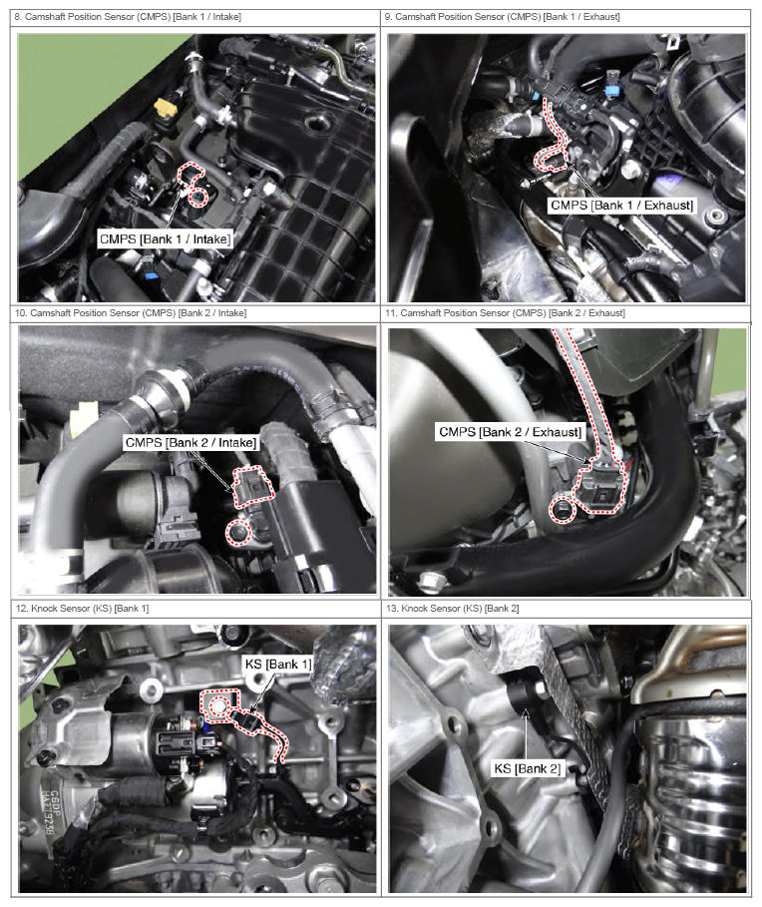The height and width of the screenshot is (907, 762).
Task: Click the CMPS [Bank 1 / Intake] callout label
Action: coord(165,238)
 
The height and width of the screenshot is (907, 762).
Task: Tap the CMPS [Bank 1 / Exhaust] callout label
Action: coord(621,206)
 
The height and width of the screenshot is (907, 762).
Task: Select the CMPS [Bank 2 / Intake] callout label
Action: coord(190,442)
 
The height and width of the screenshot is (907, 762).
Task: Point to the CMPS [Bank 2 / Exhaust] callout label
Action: coord(510,432)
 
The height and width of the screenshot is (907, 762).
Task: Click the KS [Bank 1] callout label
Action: coord(278,665)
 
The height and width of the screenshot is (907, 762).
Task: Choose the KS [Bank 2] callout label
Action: coord(528,768)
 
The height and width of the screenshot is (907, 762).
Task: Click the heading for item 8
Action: coord(128,17)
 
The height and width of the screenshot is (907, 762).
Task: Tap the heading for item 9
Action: coord(503,17)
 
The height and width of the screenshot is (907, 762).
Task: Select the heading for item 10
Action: coord(131,313)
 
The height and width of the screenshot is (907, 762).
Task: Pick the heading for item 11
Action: coord(506,313)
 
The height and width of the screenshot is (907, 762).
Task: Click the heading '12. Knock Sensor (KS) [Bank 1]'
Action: coord(82,609)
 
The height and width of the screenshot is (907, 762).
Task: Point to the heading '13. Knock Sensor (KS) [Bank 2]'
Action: coord(452,609)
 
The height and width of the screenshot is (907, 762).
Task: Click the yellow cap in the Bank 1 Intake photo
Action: coord(165,108)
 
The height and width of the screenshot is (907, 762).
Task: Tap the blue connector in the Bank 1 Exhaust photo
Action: coord(612,83)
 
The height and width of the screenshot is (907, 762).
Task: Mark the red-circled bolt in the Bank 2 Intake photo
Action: coord(237,532)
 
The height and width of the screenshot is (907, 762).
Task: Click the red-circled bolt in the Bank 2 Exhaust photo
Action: coord(561,510)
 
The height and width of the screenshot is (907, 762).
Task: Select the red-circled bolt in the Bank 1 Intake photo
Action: coord(198,198)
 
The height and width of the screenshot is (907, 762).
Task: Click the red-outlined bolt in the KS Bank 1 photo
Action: coord(218,706)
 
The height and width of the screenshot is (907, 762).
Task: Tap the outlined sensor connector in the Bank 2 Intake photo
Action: coord(253,486)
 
